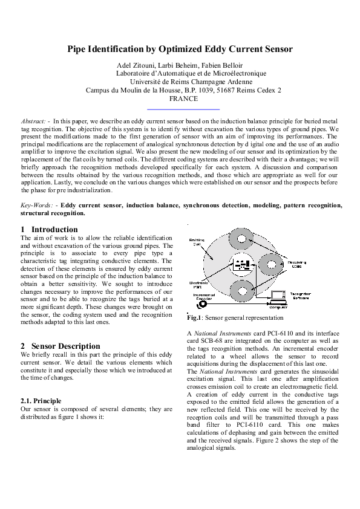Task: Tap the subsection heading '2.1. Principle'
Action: [41, 401]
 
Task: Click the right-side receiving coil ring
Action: [271, 264]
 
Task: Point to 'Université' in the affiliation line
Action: [148, 82]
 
